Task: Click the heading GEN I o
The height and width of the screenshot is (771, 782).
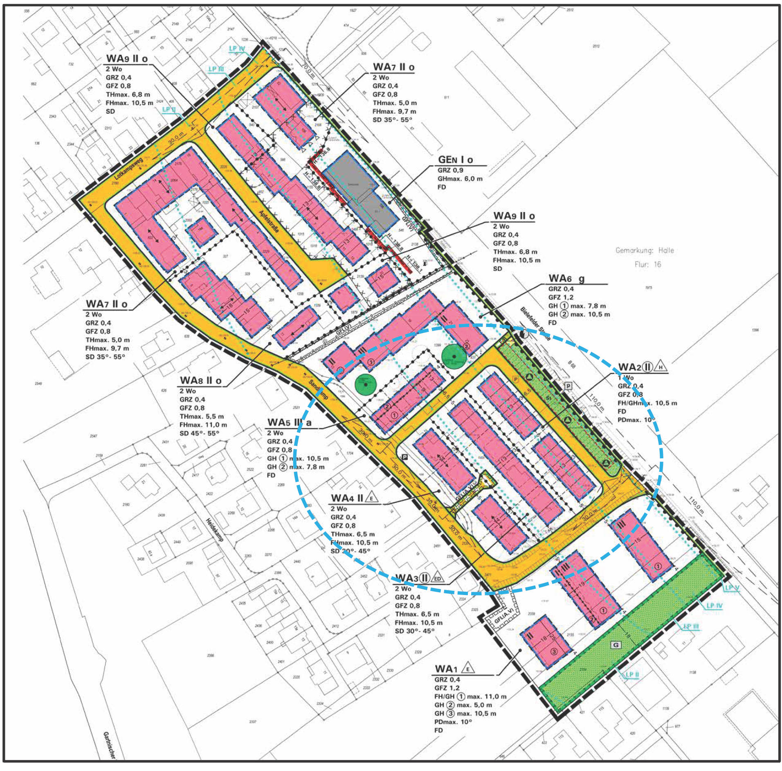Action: pyautogui.click(x=455, y=160)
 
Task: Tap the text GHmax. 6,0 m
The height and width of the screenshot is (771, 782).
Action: pyautogui.click(x=460, y=179)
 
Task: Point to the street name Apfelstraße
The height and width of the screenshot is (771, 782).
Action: pyautogui.click(x=270, y=221)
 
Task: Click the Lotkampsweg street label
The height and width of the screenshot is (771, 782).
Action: pyautogui.click(x=128, y=169)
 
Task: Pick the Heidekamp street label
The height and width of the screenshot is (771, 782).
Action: pyautogui.click(x=215, y=530)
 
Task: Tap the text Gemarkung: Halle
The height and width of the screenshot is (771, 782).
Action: pyautogui.click(x=645, y=250)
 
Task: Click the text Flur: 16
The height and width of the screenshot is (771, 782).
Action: pyautogui.click(x=647, y=264)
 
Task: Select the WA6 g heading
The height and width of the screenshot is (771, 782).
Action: pyautogui.click(x=566, y=279)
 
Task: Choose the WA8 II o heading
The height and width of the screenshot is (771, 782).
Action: pyautogui.click(x=201, y=381)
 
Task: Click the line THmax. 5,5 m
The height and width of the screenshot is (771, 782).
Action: pyautogui.click(x=202, y=417)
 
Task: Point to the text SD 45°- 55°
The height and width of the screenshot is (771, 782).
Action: pyautogui.click(x=199, y=433)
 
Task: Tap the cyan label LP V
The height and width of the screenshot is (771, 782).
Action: pyautogui.click(x=732, y=588)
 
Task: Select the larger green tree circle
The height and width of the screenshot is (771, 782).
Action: pyautogui.click(x=454, y=356)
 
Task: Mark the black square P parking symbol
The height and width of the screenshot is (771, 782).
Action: pyautogui.click(x=405, y=457)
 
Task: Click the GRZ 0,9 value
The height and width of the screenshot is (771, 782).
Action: pyautogui.click(x=450, y=170)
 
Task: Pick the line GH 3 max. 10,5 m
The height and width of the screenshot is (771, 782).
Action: pyautogui.click(x=465, y=714)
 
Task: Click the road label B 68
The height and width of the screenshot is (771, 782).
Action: pyautogui.click(x=571, y=364)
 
